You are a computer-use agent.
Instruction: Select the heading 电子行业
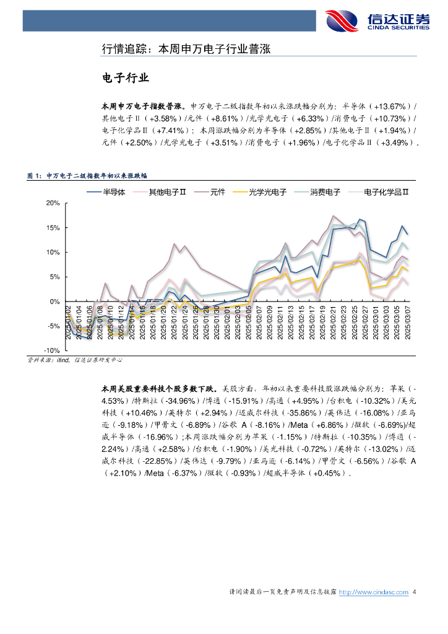click(126, 78)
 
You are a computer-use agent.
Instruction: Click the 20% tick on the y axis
click(53, 203)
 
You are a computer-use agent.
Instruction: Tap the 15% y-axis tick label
click(53, 228)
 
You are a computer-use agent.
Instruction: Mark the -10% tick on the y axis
click(51, 350)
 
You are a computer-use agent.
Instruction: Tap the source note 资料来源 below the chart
click(75, 360)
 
